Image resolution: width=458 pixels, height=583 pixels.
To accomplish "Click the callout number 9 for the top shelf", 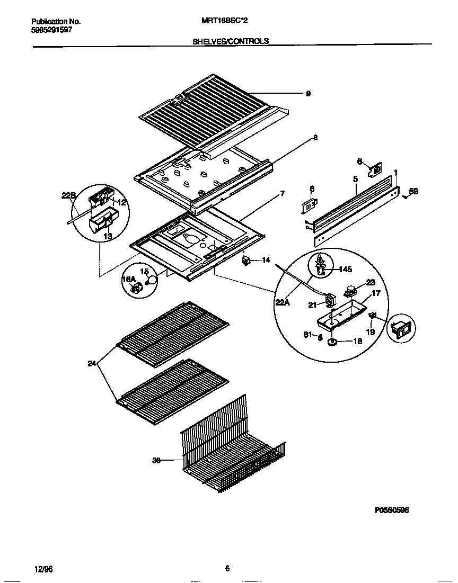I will [308, 94].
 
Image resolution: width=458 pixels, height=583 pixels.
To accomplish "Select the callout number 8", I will [315, 138].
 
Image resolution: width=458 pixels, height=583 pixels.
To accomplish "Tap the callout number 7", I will [283, 194].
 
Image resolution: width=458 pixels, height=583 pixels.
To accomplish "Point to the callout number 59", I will [413, 192].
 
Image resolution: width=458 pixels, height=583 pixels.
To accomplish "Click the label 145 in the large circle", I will [345, 270].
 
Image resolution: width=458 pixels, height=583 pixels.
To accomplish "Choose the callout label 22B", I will [69, 196].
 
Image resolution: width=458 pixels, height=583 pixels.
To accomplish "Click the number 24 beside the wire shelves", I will [92, 363].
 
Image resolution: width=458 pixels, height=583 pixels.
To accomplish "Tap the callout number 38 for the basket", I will [156, 461].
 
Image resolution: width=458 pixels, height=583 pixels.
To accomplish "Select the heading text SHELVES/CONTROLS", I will [230, 41].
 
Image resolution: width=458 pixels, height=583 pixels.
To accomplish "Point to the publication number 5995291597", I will [51, 30].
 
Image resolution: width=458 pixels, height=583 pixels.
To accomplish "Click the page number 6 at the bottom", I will [227, 569].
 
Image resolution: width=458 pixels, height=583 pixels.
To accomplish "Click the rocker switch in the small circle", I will [401, 329].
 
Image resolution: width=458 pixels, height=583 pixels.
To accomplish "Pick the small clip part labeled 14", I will [246, 261].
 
